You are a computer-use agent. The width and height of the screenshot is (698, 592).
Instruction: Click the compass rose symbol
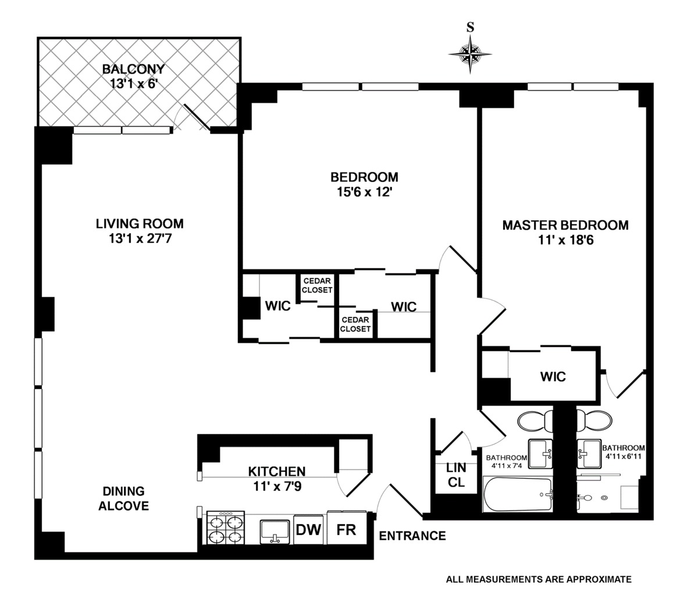pos(470,54)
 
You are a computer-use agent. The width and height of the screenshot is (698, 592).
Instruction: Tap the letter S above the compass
pos(470,27)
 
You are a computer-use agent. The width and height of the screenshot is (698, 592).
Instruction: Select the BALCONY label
pos(133,69)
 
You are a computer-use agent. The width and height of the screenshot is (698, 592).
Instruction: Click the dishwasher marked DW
pos(308,529)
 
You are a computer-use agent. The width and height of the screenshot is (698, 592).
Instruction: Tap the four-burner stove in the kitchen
pos(226,528)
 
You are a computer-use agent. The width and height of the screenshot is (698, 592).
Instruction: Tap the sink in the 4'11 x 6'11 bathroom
pos(589,454)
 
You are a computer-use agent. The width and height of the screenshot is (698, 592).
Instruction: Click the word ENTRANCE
pos(412,536)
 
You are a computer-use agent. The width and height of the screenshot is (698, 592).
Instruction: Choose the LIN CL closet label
pos(456,475)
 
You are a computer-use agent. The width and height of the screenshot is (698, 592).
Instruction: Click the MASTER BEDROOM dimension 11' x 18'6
pos(565,240)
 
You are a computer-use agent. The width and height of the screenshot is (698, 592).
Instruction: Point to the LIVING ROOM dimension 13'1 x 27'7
pos(140,239)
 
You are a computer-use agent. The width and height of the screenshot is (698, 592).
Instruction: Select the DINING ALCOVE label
pos(123,498)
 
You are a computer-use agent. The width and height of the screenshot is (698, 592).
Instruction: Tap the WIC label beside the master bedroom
pos(553,376)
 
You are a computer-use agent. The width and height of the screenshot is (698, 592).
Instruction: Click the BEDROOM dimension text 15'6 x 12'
pos(364,192)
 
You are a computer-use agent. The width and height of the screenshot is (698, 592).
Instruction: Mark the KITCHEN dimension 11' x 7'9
pos(277,486)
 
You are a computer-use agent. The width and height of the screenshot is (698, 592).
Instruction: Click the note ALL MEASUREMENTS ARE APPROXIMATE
pos(539,579)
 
